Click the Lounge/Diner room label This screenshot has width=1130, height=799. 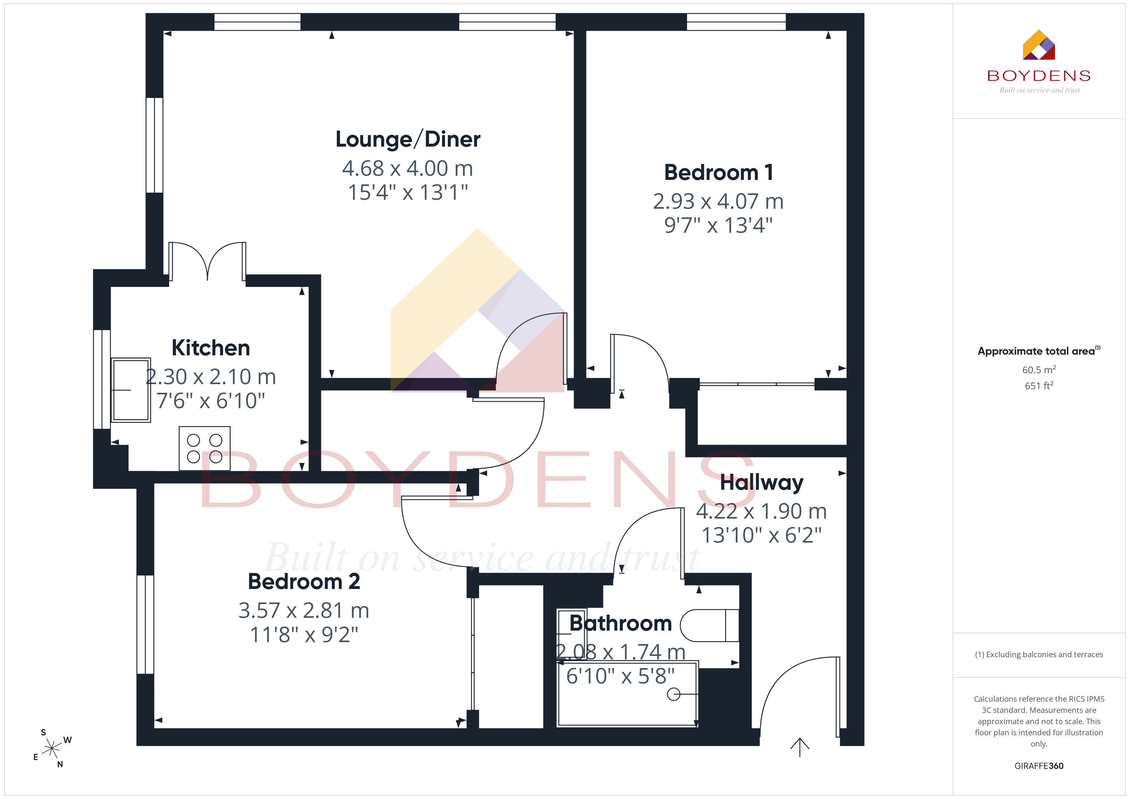coord(408,139)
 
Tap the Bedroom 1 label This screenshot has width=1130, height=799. coord(718,173)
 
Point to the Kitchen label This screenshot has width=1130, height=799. coord(211,348)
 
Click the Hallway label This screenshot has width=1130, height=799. coord(761,483)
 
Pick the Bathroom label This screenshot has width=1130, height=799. coord(621,623)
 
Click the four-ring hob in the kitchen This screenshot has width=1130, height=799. coord(204,448)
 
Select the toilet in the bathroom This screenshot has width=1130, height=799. coord(710,625)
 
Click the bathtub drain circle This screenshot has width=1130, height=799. coord(673,694)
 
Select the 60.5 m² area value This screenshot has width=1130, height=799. coord(1039,369)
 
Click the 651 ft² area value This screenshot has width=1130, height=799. coord(1039,386)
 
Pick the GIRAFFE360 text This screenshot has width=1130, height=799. coord(1039,766)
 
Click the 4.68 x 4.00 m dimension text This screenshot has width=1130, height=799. coord(407,169)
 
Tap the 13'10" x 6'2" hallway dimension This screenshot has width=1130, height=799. coord(761,535)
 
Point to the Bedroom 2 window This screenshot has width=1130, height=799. coord(145,624)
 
